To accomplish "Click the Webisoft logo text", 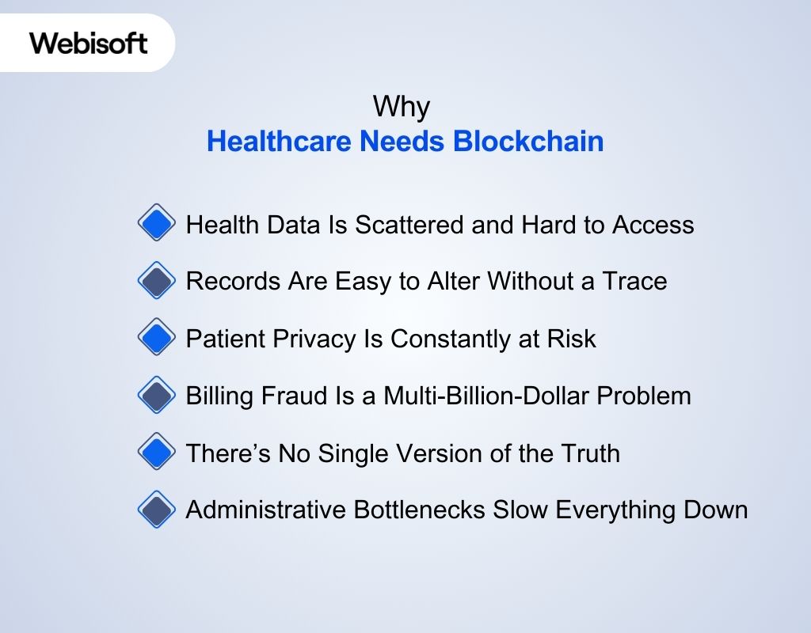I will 88,43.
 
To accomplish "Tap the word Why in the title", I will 401,107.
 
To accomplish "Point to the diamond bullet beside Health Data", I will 156,225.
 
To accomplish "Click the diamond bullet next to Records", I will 156,281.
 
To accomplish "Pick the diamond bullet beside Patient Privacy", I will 156,339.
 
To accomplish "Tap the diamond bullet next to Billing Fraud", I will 156,395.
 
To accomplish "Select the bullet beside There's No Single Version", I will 156,453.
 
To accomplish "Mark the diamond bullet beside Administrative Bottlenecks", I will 156,510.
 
